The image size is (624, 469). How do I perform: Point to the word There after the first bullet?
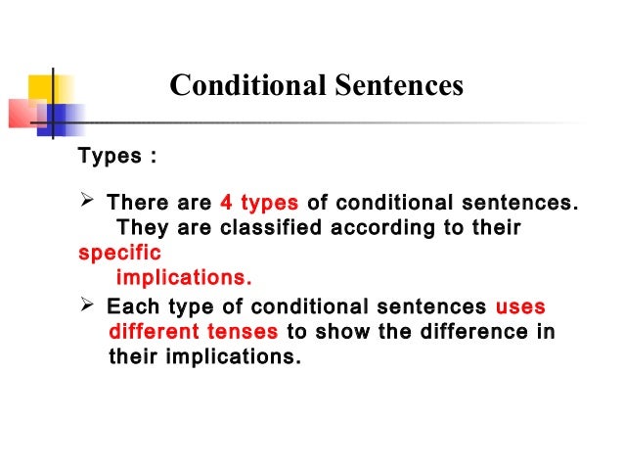[137, 204]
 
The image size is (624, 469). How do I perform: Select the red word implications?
[184, 276]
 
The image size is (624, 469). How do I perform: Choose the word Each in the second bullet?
[128, 306]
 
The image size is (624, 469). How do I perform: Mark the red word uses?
[520, 306]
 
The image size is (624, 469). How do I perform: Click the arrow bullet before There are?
[85, 204]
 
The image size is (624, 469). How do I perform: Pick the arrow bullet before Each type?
[85, 306]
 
